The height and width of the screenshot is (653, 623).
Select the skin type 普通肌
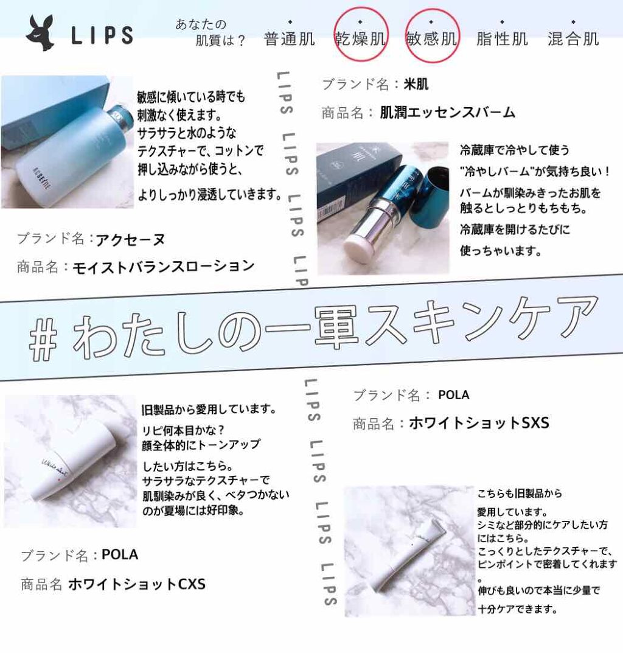tap(290, 39)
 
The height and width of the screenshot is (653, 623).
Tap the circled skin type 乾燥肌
tap(361, 39)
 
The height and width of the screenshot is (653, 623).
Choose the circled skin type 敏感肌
tap(432, 39)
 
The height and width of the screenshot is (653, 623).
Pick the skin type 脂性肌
tap(502, 39)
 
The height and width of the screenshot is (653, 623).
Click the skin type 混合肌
tap(573, 39)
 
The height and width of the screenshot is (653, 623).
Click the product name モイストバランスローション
tap(163, 266)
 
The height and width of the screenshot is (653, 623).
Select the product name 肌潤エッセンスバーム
tap(447, 112)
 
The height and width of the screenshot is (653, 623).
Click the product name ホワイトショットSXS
tap(479, 423)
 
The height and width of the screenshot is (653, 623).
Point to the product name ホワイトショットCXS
tap(137, 584)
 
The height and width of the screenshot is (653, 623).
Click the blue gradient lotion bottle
tap(79, 152)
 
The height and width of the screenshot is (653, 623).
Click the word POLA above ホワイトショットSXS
tap(453, 395)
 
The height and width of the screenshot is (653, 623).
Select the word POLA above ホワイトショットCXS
tap(120, 555)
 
